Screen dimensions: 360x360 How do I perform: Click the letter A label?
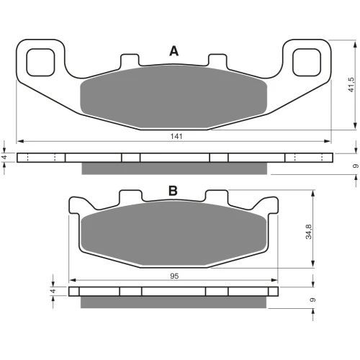tap(174, 51)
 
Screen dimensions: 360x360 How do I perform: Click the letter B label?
tap(173, 191)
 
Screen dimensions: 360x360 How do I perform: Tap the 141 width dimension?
tap(176, 136)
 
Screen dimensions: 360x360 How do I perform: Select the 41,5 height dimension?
tap(351, 84)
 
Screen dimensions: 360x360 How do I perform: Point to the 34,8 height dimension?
tap(309, 232)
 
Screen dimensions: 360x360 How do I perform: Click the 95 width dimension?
tap(174, 276)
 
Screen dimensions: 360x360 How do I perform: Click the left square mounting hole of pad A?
tap(40, 63)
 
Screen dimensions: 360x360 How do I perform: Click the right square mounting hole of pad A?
tap(307, 63)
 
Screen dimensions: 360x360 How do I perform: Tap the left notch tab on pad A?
tap(130, 60)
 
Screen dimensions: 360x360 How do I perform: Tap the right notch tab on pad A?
tap(217, 60)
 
